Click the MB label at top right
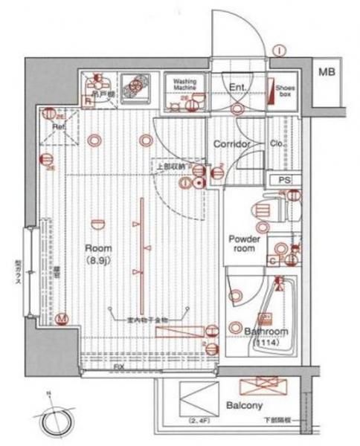pos(327,72)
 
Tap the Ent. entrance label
pos(237,88)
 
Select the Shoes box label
pos(286,91)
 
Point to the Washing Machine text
pos(184,83)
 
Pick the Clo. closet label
pos(274,143)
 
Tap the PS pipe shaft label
pos(284,181)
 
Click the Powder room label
pos(243,244)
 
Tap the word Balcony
pos(243,405)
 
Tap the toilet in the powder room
pos(264,207)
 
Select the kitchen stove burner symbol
pos(134,87)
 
